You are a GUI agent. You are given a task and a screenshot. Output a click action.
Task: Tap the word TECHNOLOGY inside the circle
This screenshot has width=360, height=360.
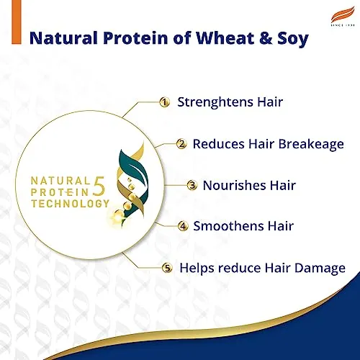(x=70, y=204)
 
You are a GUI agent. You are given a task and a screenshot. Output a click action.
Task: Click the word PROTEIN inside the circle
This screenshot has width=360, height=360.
(x=63, y=192)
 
